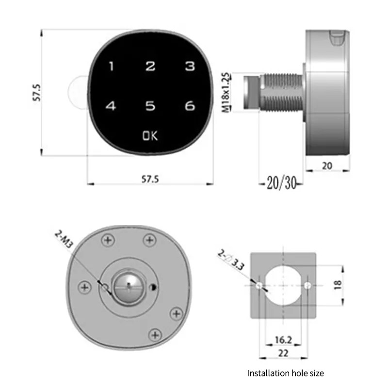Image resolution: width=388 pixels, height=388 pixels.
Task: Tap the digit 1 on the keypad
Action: [x=112, y=66]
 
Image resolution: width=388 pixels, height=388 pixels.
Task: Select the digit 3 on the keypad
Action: [x=190, y=66]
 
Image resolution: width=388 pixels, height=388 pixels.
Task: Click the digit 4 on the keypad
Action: [x=111, y=106]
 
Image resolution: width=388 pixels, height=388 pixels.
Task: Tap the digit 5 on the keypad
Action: [x=150, y=106]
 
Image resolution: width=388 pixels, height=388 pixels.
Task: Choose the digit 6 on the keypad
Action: [x=190, y=106]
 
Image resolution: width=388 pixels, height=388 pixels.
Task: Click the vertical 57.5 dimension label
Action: [x=37, y=93]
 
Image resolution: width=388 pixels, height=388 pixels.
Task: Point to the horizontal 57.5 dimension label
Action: [x=150, y=179]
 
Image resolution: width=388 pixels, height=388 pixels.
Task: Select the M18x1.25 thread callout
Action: [x=226, y=92]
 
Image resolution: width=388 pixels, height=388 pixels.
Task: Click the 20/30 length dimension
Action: [x=282, y=183]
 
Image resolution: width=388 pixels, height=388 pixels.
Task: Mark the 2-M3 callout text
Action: [x=64, y=239]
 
